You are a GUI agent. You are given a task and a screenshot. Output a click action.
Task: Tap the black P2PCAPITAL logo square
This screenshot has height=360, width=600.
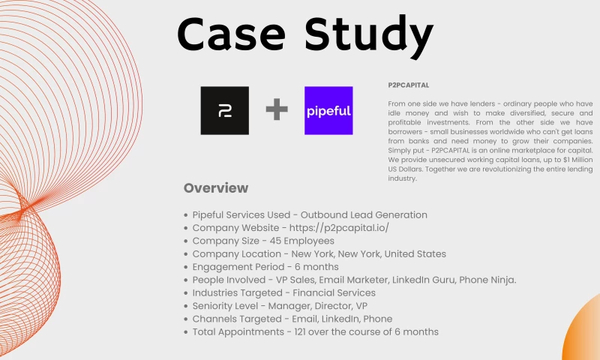[x=224, y=111]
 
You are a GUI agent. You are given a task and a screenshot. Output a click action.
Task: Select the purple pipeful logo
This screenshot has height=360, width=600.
[x=328, y=111]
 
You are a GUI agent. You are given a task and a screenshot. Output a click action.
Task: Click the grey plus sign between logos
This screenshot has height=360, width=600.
[x=277, y=111]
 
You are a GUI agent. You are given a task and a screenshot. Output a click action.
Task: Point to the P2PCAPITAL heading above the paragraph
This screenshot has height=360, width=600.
[x=409, y=85]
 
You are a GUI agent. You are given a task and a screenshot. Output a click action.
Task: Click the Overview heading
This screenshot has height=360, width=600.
[x=216, y=187]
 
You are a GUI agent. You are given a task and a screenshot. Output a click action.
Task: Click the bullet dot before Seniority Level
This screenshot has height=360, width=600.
[x=185, y=306]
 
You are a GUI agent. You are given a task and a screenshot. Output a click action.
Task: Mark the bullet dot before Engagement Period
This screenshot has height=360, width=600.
[x=185, y=267]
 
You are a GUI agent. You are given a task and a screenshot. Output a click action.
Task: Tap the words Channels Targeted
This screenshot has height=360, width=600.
[x=235, y=319]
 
